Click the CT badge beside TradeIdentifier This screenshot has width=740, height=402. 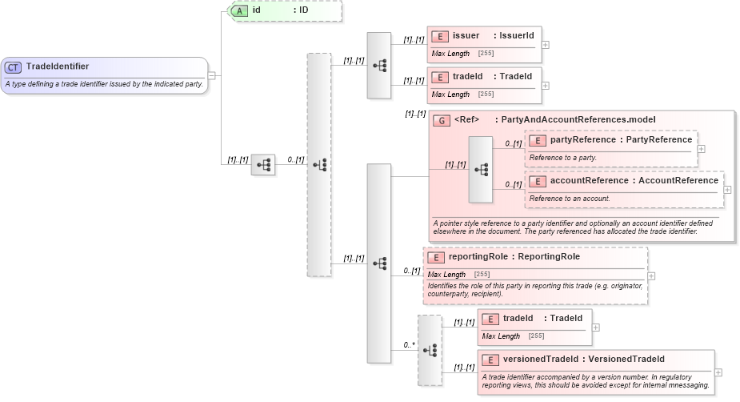pyautogui.click(x=14, y=67)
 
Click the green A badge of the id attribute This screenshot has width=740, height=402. pyautogui.click(x=239, y=10)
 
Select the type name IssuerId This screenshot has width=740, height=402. pyautogui.click(x=518, y=36)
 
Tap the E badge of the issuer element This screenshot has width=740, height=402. pyautogui.click(x=439, y=36)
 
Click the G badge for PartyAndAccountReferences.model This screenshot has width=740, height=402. pyautogui.click(x=442, y=120)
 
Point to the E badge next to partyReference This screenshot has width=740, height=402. pyautogui.click(x=538, y=140)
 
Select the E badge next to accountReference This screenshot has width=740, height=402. pyautogui.click(x=538, y=181)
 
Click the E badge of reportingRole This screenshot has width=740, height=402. pyautogui.click(x=436, y=257)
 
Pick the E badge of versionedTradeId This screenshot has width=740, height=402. pyautogui.click(x=490, y=359)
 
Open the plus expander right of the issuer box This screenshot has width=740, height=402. pyautogui.click(x=546, y=44)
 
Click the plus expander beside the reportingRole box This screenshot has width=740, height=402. pyautogui.click(x=651, y=275)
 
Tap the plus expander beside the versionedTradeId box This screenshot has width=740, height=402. pyautogui.click(x=718, y=372)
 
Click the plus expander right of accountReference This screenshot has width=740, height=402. pyautogui.click(x=727, y=190)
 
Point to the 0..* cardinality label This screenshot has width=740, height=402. pyautogui.click(x=409, y=345)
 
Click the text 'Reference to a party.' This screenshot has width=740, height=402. pyautogui.click(x=562, y=158)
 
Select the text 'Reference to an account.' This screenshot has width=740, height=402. pyautogui.click(x=570, y=199)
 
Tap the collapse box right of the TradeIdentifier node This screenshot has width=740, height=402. pyautogui.click(x=211, y=75)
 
